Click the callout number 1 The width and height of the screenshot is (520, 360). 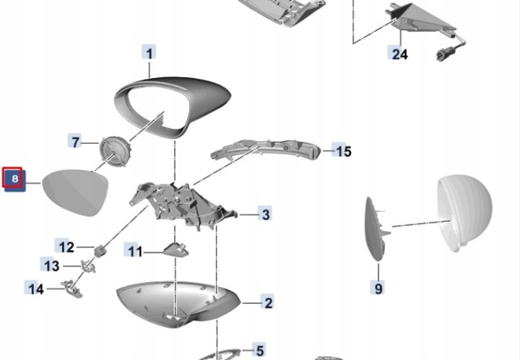[x=149, y=53]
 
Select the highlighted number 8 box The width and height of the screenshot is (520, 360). [x=15, y=179]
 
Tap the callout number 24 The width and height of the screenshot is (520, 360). [x=399, y=54]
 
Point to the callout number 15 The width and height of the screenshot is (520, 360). [x=343, y=151]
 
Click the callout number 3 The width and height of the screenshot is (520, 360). [x=265, y=215]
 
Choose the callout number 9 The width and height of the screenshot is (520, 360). [x=378, y=288]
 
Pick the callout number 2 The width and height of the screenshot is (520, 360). [x=267, y=302]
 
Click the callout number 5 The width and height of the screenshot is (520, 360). [x=259, y=350]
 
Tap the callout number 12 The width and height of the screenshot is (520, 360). [x=66, y=247]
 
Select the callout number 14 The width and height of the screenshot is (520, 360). [x=35, y=288]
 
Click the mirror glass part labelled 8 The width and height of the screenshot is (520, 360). [x=76, y=192]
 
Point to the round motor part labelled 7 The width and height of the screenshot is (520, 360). [x=115, y=151]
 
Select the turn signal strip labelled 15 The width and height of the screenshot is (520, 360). [x=266, y=150]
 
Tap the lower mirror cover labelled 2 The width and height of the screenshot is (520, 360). [x=178, y=304]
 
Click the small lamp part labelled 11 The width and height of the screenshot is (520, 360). [x=175, y=249]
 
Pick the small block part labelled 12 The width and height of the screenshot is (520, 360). [x=100, y=251]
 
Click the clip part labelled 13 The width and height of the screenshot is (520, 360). [x=89, y=266]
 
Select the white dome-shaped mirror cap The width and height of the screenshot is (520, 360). [x=464, y=212]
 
